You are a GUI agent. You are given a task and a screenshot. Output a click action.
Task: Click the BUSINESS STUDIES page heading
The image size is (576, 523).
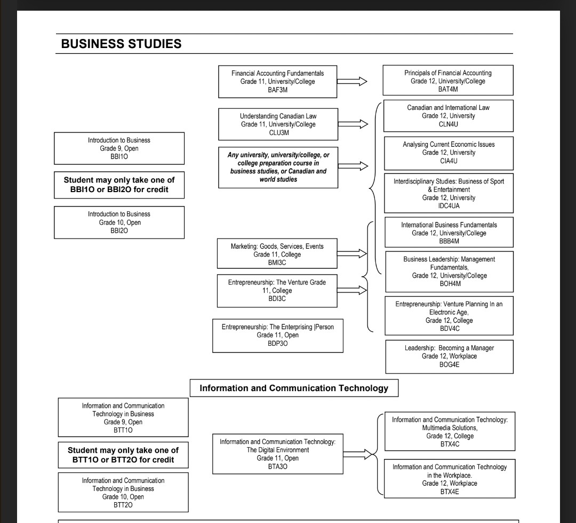click(x=122, y=44)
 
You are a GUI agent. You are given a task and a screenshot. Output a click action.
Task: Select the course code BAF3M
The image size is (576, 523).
click(x=277, y=90)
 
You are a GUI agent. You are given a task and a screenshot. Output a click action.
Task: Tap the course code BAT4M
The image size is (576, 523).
click(x=448, y=90)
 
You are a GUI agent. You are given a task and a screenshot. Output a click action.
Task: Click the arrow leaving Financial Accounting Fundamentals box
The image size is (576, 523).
click(x=353, y=81)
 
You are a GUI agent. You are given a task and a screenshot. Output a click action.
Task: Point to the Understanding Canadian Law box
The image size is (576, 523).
click(x=277, y=124)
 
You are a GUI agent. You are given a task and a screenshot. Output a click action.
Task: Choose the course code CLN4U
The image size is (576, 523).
click(x=448, y=124)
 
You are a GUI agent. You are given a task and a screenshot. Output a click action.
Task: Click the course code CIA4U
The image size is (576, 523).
click(x=448, y=161)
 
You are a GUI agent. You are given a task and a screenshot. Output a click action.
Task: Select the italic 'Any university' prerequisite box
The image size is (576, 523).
click(x=278, y=167)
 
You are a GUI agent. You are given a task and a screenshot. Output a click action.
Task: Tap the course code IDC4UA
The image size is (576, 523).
click(x=448, y=206)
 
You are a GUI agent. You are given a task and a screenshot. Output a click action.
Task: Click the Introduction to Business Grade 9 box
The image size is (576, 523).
click(x=119, y=148)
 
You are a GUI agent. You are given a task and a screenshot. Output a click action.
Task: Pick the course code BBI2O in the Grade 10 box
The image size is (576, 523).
click(x=119, y=231)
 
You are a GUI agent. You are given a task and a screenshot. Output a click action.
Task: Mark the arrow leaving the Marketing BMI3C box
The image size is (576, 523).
click(x=353, y=254)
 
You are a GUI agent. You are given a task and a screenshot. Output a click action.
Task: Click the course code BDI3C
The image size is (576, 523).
click(x=277, y=299)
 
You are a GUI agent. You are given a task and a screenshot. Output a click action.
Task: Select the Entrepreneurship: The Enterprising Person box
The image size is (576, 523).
click(x=277, y=335)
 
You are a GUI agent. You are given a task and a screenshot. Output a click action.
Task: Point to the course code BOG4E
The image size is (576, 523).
click(x=449, y=364)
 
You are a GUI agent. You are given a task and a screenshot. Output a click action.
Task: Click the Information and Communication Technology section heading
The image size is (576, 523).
click(x=294, y=388)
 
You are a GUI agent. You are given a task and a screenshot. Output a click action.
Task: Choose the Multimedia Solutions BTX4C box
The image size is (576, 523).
click(x=450, y=431)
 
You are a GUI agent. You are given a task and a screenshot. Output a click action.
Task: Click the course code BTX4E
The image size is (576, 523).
click(x=450, y=492)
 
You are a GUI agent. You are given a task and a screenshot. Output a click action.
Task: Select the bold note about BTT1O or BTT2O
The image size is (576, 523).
click(x=123, y=455)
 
